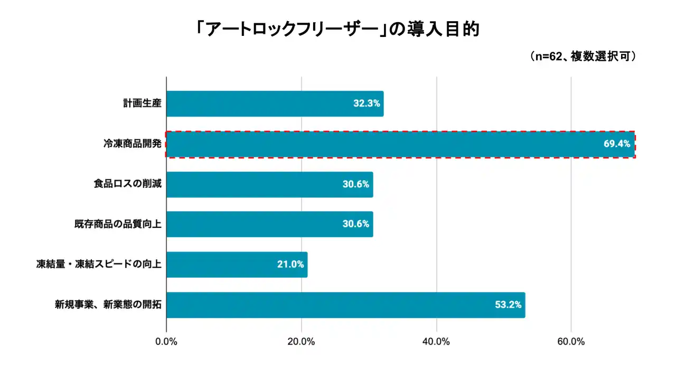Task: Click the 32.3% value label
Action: click(x=367, y=103)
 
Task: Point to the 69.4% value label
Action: click(x=617, y=144)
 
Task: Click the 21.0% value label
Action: click(x=290, y=264)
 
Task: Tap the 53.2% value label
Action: click(x=508, y=305)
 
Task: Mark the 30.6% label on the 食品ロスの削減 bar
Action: click(x=356, y=185)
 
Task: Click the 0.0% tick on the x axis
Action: click(x=166, y=341)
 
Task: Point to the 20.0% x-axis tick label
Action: click(x=301, y=341)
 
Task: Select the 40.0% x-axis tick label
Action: click(x=436, y=341)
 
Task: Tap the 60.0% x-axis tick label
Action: click(x=571, y=341)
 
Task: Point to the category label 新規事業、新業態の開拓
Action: click(x=108, y=305)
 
